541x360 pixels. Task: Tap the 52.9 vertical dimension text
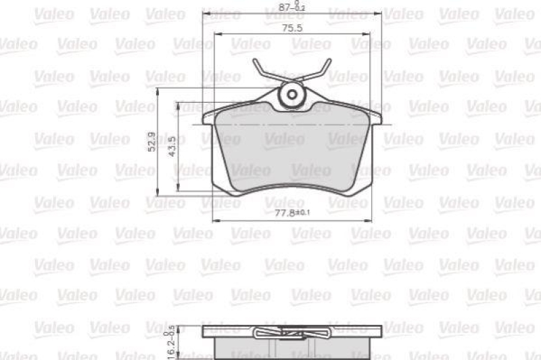pos(152,142)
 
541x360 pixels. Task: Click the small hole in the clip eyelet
pos(292,94)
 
